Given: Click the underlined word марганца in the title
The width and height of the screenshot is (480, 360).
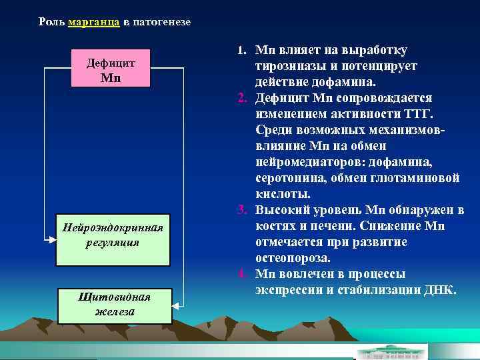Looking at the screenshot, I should click(x=94, y=22).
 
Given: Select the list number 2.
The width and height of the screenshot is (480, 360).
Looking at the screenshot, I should click(x=242, y=98).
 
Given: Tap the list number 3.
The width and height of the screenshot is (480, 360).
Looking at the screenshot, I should click(x=242, y=211).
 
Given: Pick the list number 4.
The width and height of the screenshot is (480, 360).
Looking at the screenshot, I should click(x=242, y=274).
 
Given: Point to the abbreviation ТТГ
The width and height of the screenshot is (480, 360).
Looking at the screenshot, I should click(x=418, y=115).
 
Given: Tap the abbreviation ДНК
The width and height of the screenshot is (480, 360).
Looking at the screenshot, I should click(x=441, y=290).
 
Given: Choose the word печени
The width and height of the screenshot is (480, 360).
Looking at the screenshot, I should click(x=321, y=227).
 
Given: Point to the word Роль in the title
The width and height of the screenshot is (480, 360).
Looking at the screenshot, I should click(x=51, y=22).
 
